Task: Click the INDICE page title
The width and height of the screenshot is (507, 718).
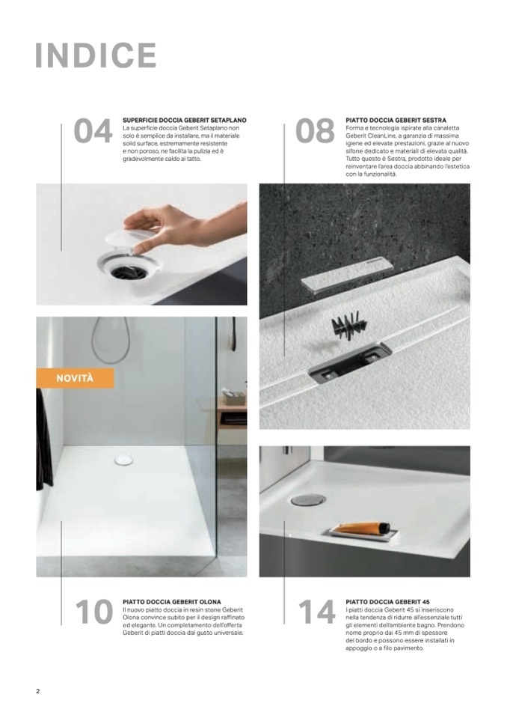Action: tap(96, 55)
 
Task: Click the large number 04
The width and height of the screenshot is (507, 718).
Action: tap(93, 130)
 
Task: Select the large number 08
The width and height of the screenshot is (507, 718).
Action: tap(315, 130)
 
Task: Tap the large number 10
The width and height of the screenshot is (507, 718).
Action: tap(94, 611)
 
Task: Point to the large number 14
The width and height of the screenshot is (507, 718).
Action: tap(317, 611)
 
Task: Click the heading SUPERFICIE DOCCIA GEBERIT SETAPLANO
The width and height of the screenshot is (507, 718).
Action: tap(184, 120)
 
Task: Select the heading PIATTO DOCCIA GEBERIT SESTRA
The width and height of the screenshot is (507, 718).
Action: tap(396, 120)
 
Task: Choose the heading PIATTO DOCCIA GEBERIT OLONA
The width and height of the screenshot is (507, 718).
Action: tap(172, 602)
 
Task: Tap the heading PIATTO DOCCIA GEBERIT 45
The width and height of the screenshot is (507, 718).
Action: tap(387, 602)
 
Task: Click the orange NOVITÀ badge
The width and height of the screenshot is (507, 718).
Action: tap(75, 378)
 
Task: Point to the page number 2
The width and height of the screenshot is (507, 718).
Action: tap(38, 691)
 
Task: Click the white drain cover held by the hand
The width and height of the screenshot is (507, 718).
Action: tap(130, 238)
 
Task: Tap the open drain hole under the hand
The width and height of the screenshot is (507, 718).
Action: tap(129, 270)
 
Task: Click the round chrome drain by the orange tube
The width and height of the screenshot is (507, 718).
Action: tap(308, 499)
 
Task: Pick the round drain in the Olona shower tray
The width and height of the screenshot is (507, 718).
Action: tap(124, 460)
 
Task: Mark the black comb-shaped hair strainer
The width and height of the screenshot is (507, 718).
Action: tap(348, 323)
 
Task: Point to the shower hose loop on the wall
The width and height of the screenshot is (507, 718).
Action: tap(111, 339)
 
